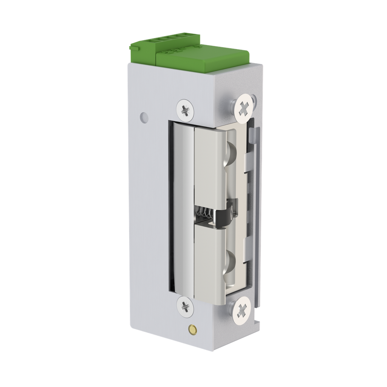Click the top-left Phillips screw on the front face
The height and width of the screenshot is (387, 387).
[186, 109]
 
